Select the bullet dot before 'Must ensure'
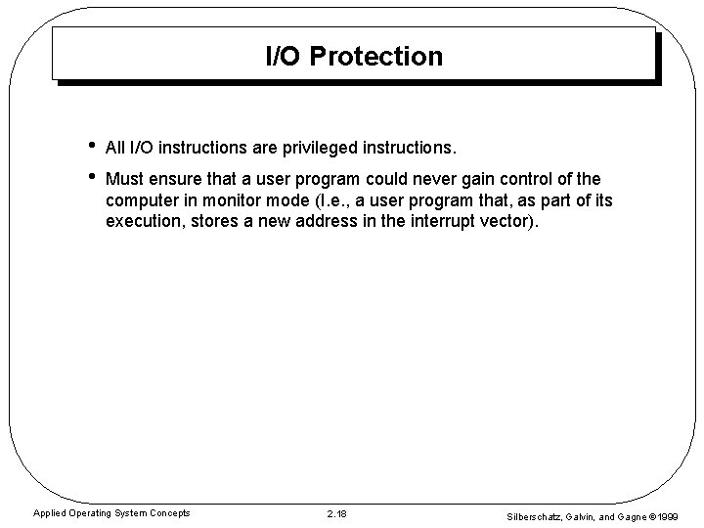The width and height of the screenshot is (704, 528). (x=90, y=179)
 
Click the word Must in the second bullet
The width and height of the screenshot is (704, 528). (x=124, y=180)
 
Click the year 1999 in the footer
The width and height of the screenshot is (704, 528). (x=680, y=514)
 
